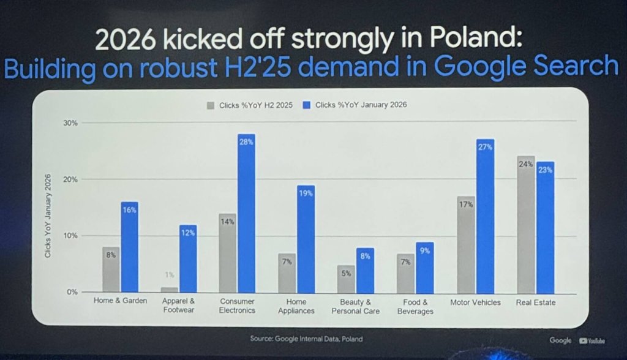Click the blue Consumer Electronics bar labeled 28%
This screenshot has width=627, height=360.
[x=246, y=214]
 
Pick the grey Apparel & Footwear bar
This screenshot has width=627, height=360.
[x=170, y=290]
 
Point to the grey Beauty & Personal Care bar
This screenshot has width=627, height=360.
[x=346, y=279]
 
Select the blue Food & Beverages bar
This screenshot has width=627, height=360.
[x=425, y=268]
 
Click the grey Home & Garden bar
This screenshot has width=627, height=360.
[x=111, y=269]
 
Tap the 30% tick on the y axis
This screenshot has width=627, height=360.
[x=70, y=123]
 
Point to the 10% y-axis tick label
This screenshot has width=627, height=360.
[x=70, y=236]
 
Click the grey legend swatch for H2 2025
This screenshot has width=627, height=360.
[x=211, y=105]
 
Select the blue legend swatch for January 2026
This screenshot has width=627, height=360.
[x=307, y=105]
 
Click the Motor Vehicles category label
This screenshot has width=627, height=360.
[x=475, y=302]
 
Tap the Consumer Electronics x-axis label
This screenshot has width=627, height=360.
[x=237, y=307]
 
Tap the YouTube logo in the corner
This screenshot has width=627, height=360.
[x=591, y=341]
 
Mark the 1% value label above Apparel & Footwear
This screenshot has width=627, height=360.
[x=170, y=275]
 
